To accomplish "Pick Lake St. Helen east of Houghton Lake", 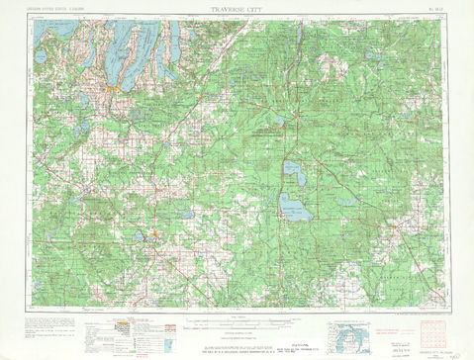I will click(343, 199).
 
